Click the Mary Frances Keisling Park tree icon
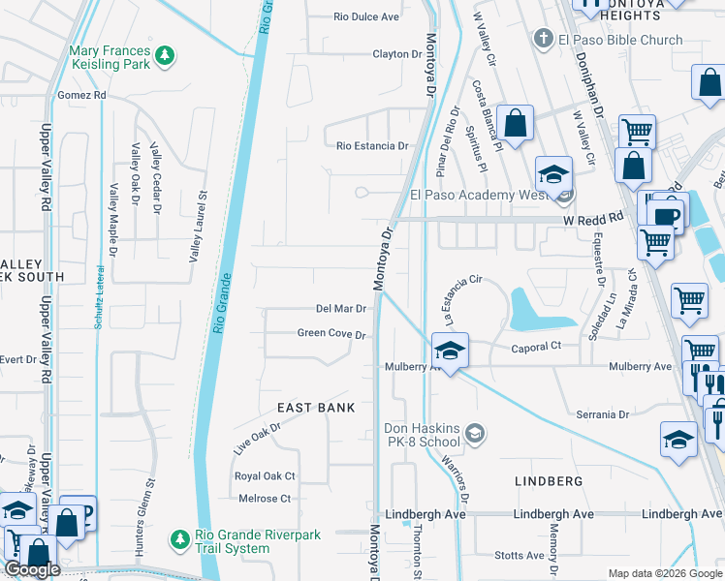(167, 54)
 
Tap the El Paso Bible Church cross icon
(543, 40)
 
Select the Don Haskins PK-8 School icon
(475, 433)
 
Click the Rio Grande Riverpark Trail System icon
(178, 537)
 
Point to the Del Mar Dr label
(340, 309)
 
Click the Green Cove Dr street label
(331, 335)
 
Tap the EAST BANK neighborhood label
(316, 408)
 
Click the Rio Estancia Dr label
(372, 146)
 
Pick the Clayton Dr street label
(397, 54)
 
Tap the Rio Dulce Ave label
(366, 17)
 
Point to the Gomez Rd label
(80, 96)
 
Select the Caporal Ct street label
(536, 346)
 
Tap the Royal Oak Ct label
(265, 476)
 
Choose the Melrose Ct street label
(265, 499)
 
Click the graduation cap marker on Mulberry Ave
(451, 350)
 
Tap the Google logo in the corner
(32, 569)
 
